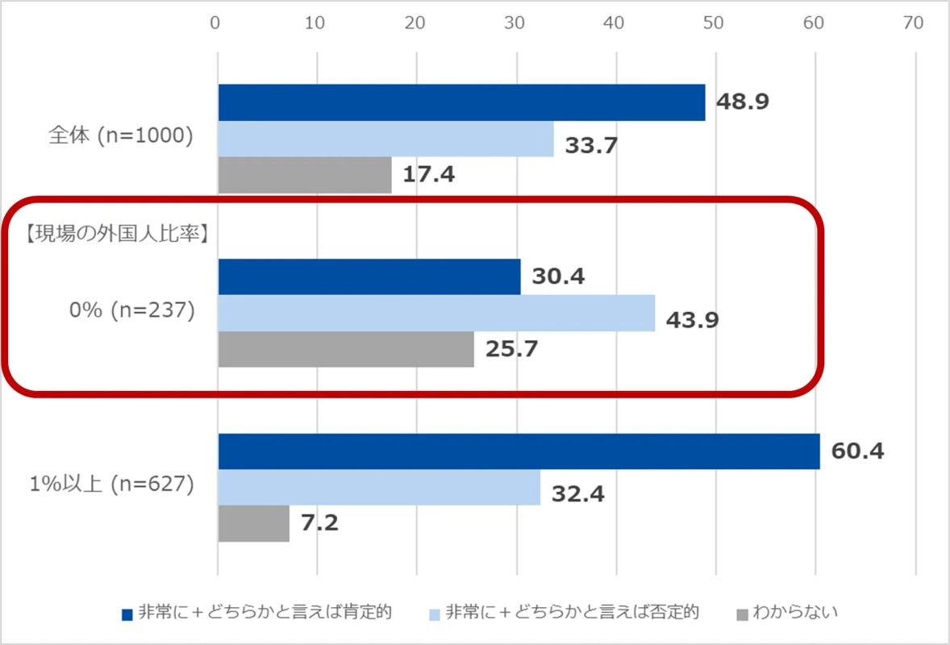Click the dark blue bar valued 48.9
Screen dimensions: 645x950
461,102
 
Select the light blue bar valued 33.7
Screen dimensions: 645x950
385,139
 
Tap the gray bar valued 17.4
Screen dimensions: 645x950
305,175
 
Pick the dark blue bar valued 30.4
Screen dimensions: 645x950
369,277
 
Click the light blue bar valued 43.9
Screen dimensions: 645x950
436,313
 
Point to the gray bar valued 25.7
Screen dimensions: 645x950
346,349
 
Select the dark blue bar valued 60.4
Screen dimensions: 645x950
519,451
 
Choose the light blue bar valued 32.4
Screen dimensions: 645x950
379,487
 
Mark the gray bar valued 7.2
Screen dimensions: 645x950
253,523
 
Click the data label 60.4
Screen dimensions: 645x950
858,451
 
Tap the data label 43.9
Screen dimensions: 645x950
692,320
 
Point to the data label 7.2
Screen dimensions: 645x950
320,523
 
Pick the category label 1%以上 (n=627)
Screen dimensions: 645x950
112,485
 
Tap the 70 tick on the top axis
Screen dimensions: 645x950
915,23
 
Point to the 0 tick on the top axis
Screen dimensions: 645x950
216,23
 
